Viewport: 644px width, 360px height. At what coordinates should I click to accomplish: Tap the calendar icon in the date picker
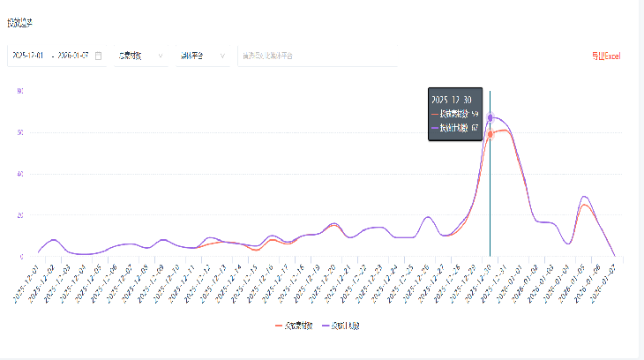coord(98,56)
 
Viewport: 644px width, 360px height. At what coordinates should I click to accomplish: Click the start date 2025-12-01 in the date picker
coord(29,56)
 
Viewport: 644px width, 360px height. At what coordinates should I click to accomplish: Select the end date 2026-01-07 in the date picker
coord(73,56)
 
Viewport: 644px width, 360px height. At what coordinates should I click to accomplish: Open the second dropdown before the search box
coord(203,56)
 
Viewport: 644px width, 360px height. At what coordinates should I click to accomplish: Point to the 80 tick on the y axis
coord(20,91)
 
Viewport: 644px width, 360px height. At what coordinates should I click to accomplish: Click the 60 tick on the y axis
coord(20,132)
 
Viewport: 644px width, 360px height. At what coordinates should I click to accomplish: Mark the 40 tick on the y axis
coord(20,174)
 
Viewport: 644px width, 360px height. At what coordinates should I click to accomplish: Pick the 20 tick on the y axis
coord(20,215)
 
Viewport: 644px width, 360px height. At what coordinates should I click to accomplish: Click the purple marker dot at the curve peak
coord(490,117)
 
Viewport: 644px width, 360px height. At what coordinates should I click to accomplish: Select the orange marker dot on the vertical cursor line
coord(490,134)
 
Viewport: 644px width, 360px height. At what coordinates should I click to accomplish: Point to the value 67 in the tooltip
coord(475,128)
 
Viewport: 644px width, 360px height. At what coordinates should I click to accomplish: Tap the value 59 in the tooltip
coord(475,114)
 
